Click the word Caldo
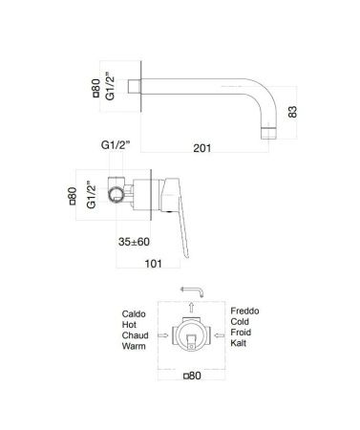[134, 313]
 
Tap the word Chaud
[135, 337]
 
